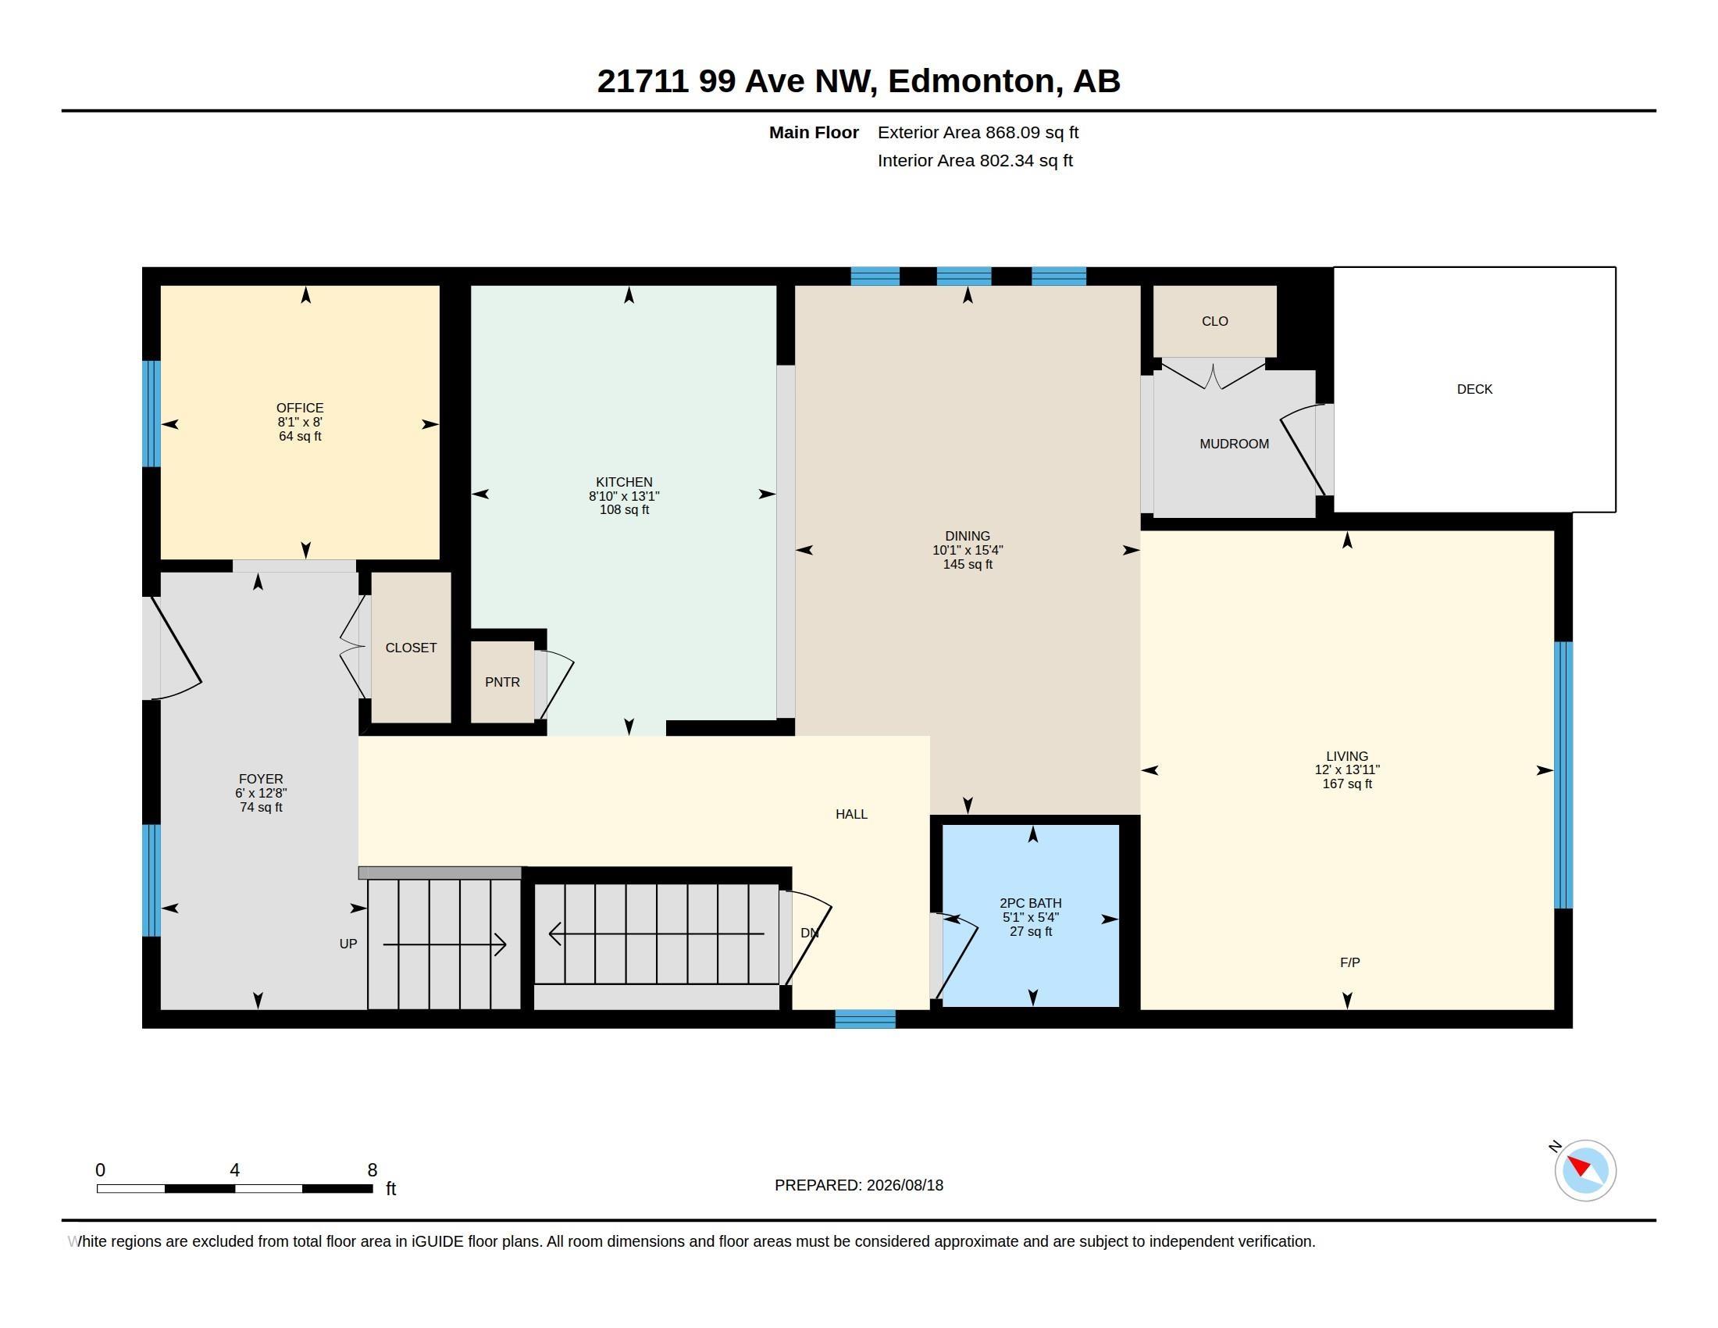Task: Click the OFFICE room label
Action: click(x=300, y=408)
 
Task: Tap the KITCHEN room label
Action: click(x=624, y=482)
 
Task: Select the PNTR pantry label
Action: click(x=502, y=682)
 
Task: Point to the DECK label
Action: click(x=1474, y=390)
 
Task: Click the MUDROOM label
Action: click(x=1234, y=444)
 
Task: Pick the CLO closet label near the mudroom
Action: click(x=1214, y=321)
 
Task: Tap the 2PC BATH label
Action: click(x=1031, y=903)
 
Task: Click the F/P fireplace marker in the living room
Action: click(x=1350, y=962)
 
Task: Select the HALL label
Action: click(x=851, y=814)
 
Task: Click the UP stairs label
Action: click(x=348, y=944)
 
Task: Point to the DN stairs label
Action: click(x=810, y=933)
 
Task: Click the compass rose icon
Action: click(x=1585, y=1170)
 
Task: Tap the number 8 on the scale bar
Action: click(x=372, y=1170)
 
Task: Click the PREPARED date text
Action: click(x=859, y=1185)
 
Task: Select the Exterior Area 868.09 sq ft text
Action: click(x=978, y=133)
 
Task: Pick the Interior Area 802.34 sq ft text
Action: click(x=975, y=160)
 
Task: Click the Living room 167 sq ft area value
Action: click(x=1347, y=784)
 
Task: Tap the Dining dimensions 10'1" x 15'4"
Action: click(x=968, y=550)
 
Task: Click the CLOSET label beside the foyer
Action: click(x=411, y=648)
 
